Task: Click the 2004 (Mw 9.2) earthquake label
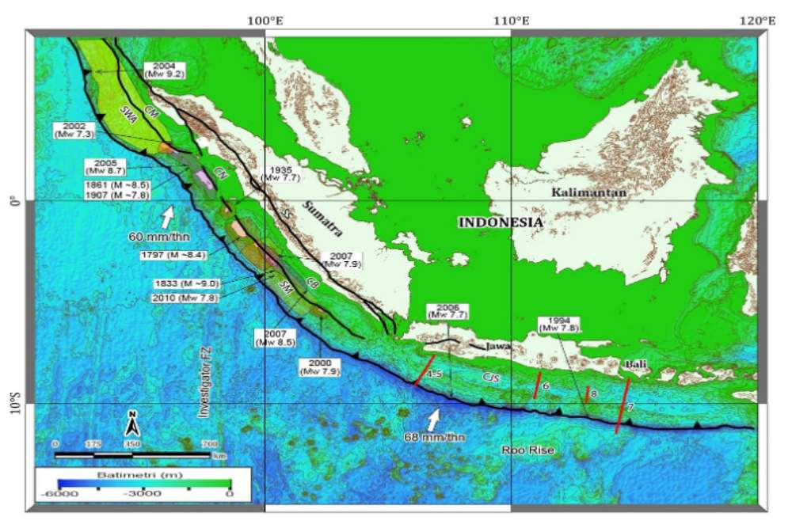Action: pyautogui.click(x=164, y=69)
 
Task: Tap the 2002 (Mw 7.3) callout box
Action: pyautogui.click(x=73, y=131)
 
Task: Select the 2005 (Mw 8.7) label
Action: pyautogui.click(x=106, y=167)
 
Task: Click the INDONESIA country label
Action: pyautogui.click(x=501, y=223)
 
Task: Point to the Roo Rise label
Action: pyautogui.click(x=528, y=450)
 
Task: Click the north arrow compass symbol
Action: pyautogui.click(x=134, y=424)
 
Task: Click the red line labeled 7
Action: pyautogui.click(x=623, y=406)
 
